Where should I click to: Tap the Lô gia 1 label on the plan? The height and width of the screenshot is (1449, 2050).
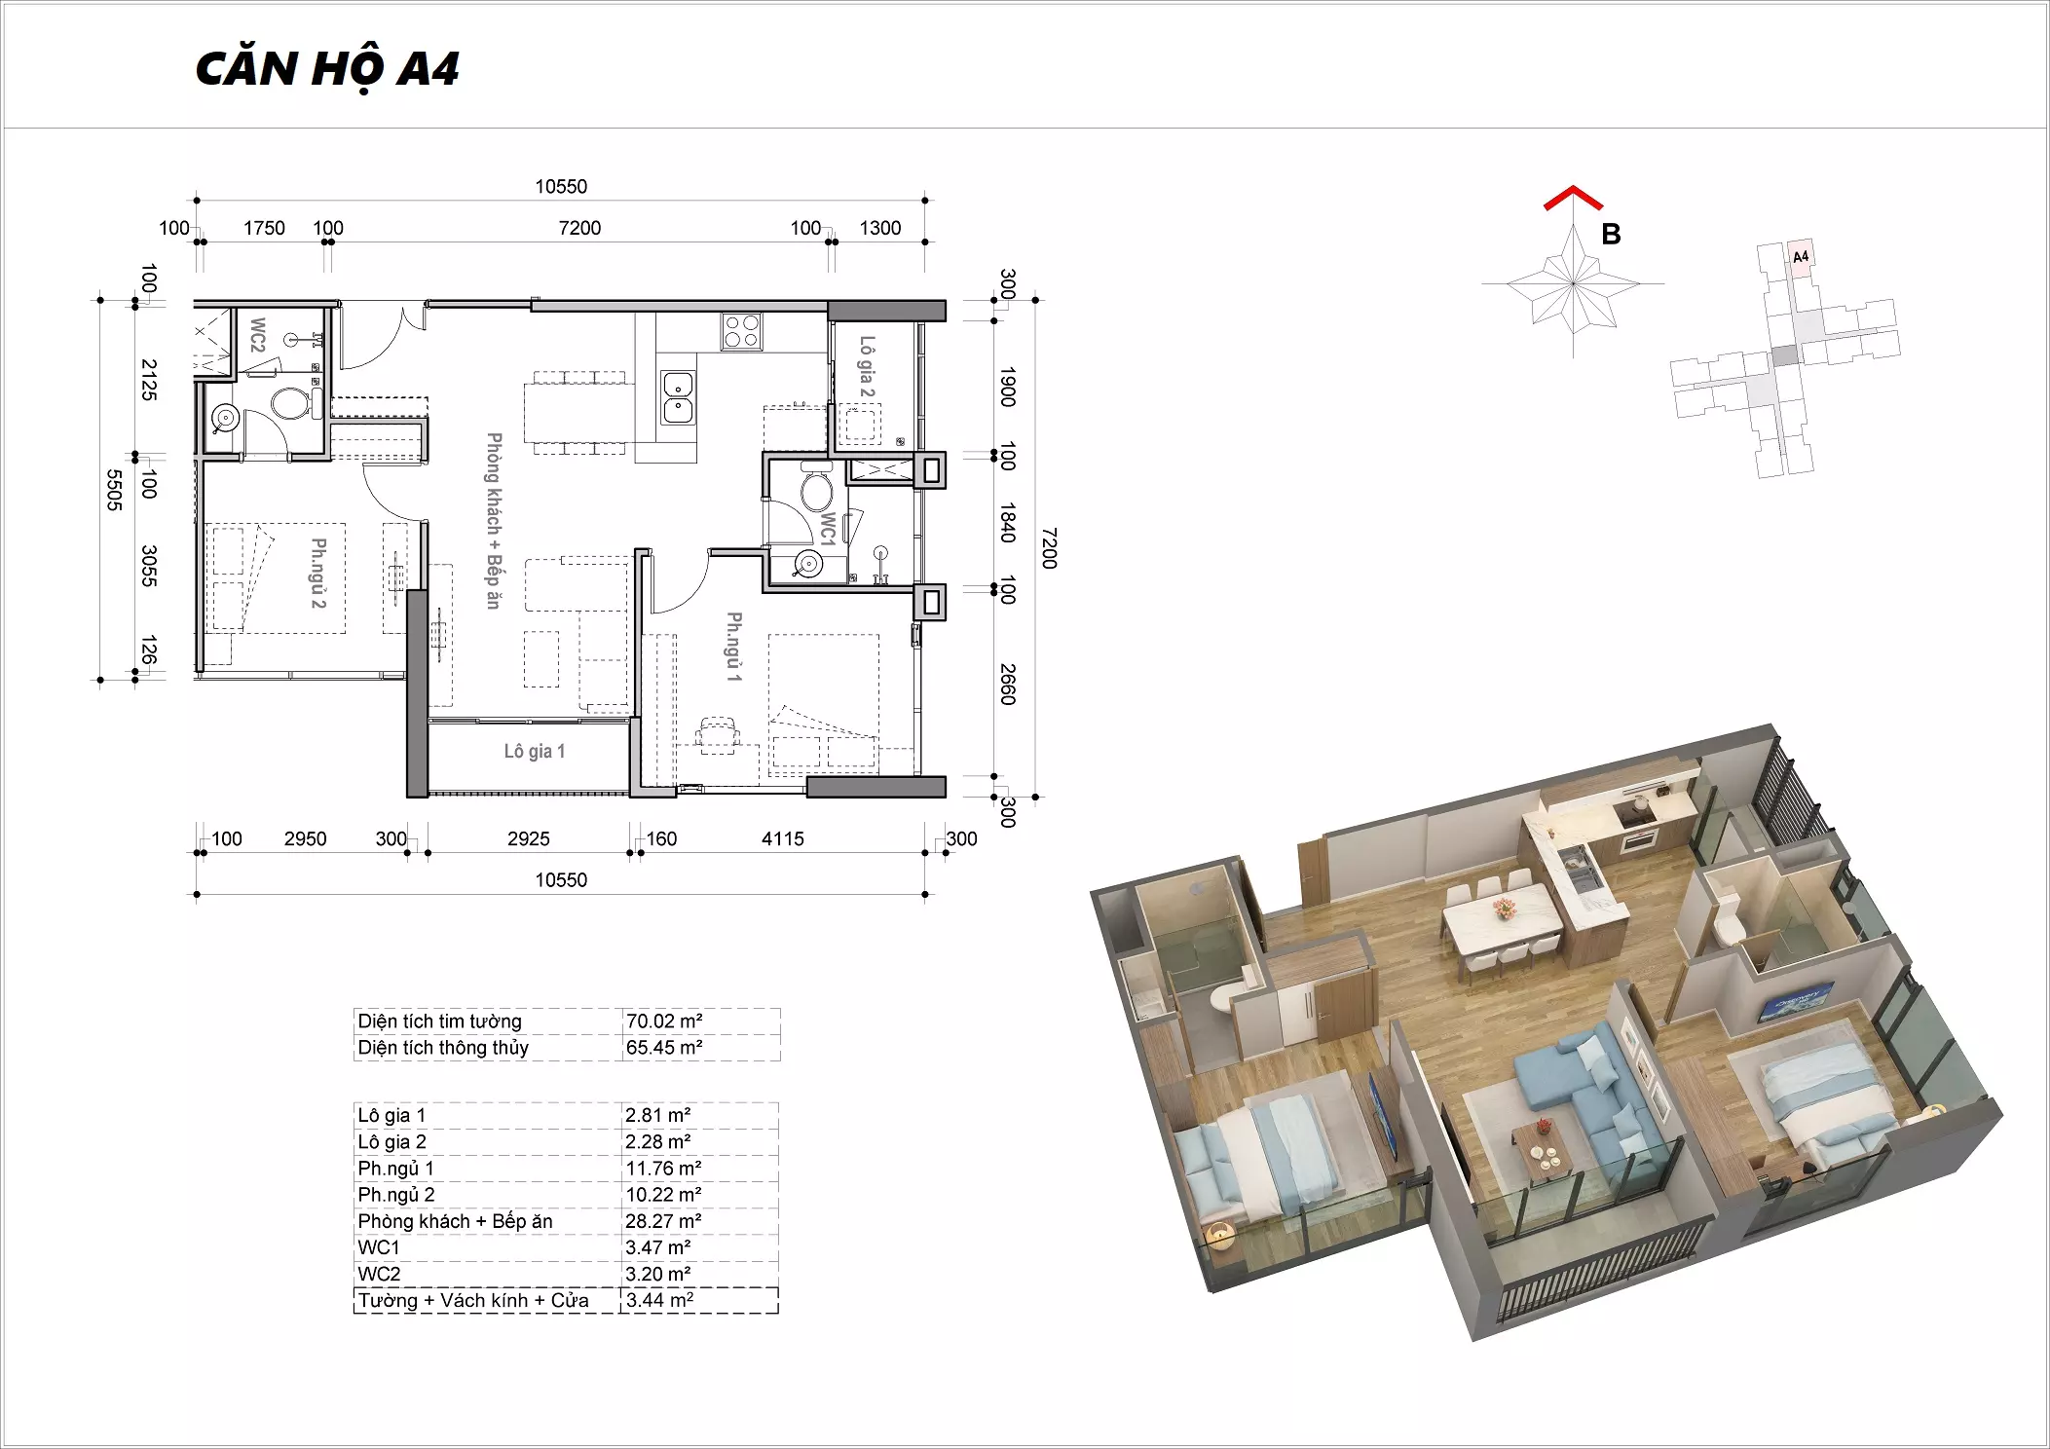coord(534,751)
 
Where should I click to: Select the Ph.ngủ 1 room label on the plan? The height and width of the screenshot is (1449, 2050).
coord(733,646)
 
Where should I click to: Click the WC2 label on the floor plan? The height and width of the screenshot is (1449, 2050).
coord(257,335)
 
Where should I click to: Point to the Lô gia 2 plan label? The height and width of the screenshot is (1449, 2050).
coord(866,367)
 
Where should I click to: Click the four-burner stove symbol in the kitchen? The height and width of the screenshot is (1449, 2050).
coord(741,331)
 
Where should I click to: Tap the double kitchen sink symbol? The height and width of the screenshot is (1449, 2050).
coord(678,397)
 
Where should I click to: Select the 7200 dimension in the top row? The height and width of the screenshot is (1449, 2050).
coord(579,228)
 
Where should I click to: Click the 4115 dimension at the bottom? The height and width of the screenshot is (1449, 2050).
coord(783,838)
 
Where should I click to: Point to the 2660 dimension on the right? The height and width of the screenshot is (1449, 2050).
coord(1008,684)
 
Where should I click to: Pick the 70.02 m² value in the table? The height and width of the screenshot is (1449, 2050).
coord(664,1021)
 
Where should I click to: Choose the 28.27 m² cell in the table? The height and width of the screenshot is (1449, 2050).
coord(663,1220)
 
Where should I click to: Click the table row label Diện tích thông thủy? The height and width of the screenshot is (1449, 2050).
coord(443,1048)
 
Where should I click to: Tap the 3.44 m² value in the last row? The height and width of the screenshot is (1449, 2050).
coord(659,1300)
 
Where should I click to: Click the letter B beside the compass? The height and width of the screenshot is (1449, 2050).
coord(1611,235)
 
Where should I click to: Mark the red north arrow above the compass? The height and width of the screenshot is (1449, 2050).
coord(1572,198)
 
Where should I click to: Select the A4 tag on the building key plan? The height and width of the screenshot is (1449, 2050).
coord(1801,257)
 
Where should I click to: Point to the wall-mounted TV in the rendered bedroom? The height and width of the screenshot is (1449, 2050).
coord(1796,1002)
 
